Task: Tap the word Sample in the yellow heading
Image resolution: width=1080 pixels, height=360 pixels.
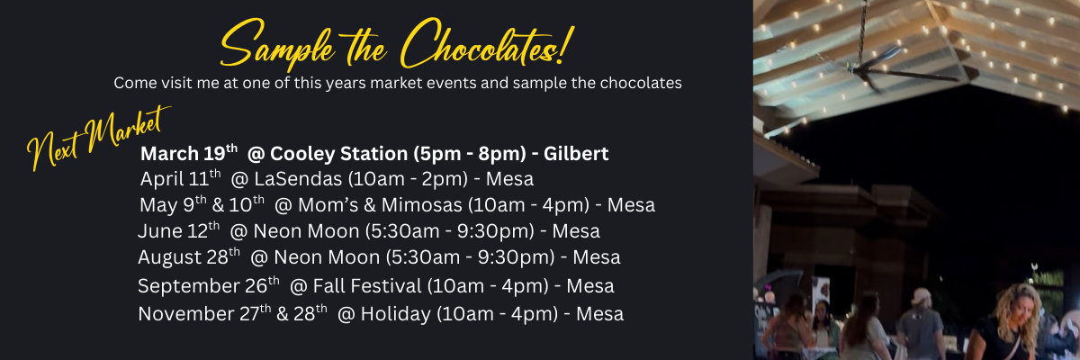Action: click(x=277, y=44)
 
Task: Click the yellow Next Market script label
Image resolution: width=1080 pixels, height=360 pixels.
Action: click(x=98, y=138)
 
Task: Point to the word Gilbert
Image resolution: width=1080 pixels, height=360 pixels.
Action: click(x=576, y=154)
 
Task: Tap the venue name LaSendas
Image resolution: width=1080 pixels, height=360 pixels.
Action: click(x=298, y=179)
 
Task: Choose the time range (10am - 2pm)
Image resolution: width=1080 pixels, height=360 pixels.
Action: click(x=408, y=179)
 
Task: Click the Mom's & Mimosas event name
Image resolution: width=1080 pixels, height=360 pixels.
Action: click(x=380, y=205)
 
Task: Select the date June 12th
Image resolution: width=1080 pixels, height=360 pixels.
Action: click(x=179, y=230)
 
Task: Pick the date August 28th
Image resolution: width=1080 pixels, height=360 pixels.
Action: click(x=189, y=256)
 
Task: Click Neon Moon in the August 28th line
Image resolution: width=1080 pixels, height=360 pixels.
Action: click(x=327, y=256)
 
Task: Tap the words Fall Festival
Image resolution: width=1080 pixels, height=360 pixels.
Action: click(x=367, y=286)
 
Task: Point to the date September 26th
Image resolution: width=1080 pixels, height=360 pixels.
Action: click(x=209, y=285)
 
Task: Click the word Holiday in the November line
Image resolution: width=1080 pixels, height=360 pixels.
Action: click(x=396, y=314)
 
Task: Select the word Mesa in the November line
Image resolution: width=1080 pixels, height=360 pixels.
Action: click(x=599, y=314)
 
